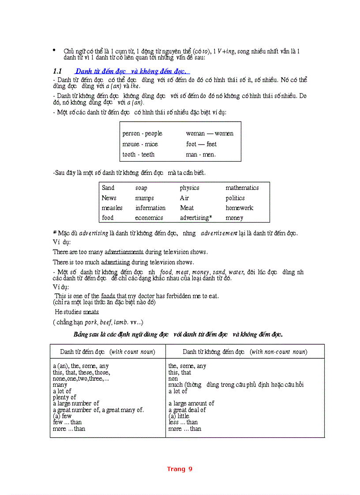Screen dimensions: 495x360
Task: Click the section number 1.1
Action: tap(57, 71)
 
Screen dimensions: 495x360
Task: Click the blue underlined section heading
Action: tap(132, 71)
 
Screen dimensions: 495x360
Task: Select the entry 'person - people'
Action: tap(142, 134)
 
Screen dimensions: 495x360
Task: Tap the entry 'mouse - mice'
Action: tap(140, 144)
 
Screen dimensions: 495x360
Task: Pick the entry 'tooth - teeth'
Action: tap(139, 155)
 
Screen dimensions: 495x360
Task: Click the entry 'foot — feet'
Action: tap(201, 144)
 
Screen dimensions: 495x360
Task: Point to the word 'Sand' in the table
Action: tap(108, 188)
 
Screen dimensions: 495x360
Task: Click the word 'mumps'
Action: tap(144, 198)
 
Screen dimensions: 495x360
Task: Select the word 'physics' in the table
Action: tap(189, 188)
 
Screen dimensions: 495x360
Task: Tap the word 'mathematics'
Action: tap(242, 188)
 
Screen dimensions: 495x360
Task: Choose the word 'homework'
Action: tap(240, 208)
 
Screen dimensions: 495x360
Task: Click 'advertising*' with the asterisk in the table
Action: tap(196, 218)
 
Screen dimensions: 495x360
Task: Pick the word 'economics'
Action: tap(149, 218)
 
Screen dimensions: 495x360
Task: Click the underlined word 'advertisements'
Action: tap(124, 252)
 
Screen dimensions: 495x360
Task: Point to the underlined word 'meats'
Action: tap(91, 312)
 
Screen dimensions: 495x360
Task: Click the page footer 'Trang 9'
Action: tap(180, 469)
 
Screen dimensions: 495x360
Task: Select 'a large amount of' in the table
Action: tap(191, 403)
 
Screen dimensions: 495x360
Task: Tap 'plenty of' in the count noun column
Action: tap(64, 397)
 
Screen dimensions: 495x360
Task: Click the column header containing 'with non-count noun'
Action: tap(245, 352)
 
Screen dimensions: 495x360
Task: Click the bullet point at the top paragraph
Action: tap(54, 51)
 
